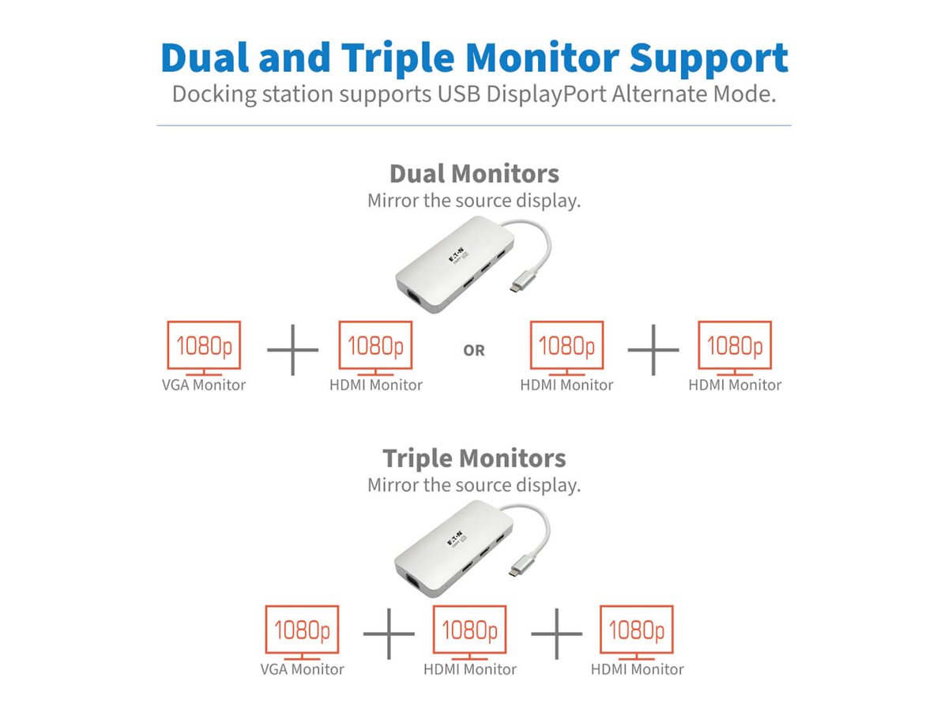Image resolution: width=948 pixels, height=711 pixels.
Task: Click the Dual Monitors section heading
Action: pos(474,174)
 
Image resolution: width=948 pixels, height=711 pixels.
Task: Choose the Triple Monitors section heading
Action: pos(474,458)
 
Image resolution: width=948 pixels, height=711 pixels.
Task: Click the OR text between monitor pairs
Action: pos(474,351)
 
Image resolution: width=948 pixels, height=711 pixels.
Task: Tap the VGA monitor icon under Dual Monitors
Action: pos(204,348)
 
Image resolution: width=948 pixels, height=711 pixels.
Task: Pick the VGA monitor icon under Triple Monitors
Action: pos(302,632)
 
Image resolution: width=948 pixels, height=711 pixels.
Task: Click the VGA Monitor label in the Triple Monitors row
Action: pos(302,670)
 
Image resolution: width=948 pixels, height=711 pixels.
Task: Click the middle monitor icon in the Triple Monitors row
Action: pos(469,632)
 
